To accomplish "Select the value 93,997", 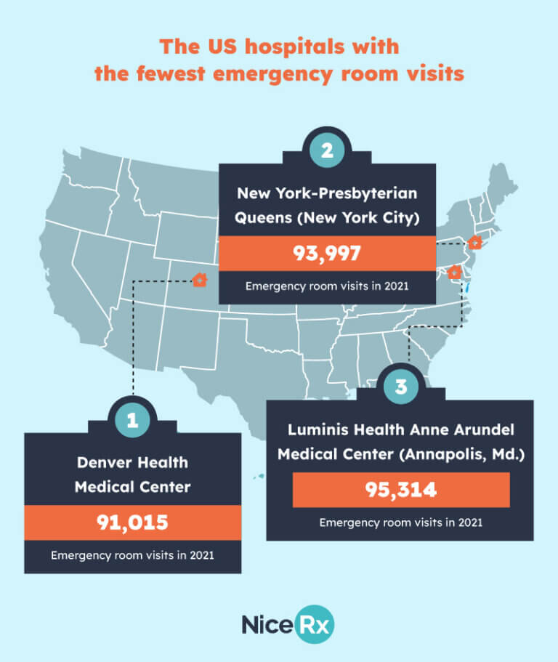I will pyautogui.click(x=328, y=254).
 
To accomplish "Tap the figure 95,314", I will pyautogui.click(x=400, y=490).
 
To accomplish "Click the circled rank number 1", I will pyautogui.click(x=132, y=419).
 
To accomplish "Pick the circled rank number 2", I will pyautogui.click(x=328, y=150).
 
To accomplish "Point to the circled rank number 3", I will pyautogui.click(x=400, y=387).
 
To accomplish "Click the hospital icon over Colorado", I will pyautogui.click(x=200, y=279).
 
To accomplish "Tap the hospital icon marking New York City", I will pyautogui.click(x=474, y=242).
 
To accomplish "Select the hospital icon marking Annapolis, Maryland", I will pyautogui.click(x=455, y=273).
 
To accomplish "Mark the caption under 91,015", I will pyautogui.click(x=132, y=556).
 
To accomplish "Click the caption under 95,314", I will pyautogui.click(x=400, y=522).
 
